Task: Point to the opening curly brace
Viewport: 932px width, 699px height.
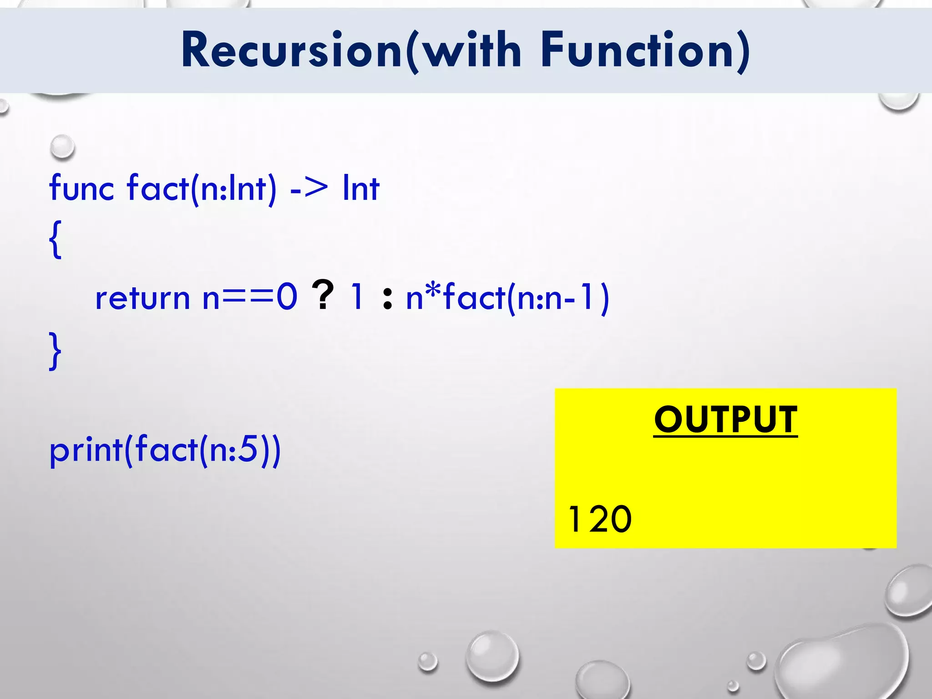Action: coord(55,240)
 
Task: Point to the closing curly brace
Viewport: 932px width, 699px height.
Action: coord(55,350)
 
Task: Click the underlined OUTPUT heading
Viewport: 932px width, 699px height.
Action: coord(725,420)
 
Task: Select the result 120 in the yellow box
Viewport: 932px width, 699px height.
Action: coord(600,519)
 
